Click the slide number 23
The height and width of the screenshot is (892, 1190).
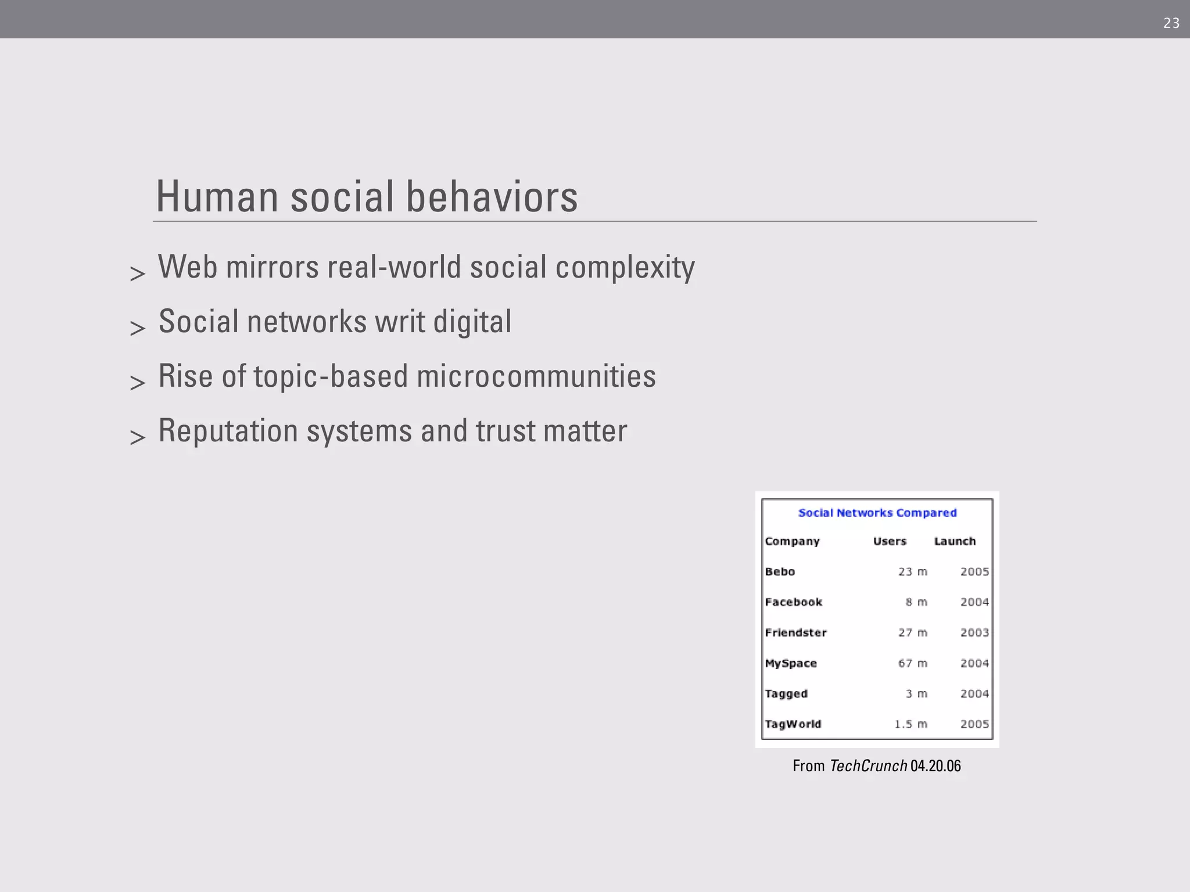(1171, 23)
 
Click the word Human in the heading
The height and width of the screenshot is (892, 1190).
(217, 197)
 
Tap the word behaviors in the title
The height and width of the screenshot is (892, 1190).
(492, 197)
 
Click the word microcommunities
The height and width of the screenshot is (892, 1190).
(536, 376)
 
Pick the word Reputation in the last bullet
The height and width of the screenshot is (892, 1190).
(228, 431)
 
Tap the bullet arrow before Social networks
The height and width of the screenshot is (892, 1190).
(138, 328)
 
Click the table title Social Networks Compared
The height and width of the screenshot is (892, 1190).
(877, 513)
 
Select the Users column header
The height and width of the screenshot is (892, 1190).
(889, 541)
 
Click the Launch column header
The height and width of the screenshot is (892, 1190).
(955, 541)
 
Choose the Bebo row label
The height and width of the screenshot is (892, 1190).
(780, 572)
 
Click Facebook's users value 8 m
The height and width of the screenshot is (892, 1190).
(916, 602)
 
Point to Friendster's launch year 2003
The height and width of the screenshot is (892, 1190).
(974, 632)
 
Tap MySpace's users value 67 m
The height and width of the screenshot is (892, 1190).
(912, 663)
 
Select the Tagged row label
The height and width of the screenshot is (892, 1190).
(786, 694)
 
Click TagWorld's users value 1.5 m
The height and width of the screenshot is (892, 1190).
(911, 724)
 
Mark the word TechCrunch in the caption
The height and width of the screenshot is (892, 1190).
(868, 766)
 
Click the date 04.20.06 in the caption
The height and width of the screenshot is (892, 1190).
(935, 766)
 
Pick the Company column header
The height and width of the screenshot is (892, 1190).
(792, 541)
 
